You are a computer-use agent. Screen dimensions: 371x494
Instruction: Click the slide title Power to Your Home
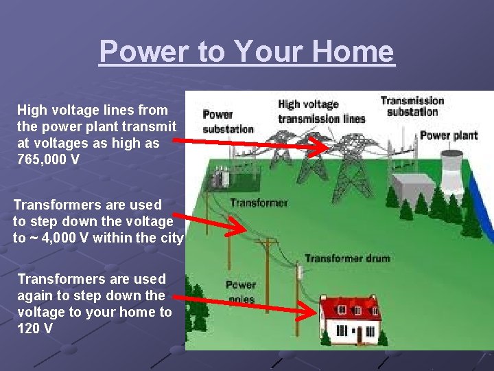pyautogui.click(x=247, y=52)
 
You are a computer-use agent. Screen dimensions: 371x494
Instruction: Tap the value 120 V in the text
pyautogui.click(x=35, y=328)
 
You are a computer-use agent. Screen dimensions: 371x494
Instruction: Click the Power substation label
pyautogui.click(x=228, y=122)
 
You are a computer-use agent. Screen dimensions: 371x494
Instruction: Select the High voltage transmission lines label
pyautogui.click(x=321, y=111)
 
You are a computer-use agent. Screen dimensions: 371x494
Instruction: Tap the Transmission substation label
pyautogui.click(x=412, y=106)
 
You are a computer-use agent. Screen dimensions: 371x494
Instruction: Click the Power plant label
pyautogui.click(x=448, y=135)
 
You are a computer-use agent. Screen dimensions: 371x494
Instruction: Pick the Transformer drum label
pyautogui.click(x=347, y=258)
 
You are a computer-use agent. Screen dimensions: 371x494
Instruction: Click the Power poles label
pyautogui.click(x=241, y=291)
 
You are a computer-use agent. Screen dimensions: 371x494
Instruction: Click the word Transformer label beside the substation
pyautogui.click(x=259, y=203)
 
